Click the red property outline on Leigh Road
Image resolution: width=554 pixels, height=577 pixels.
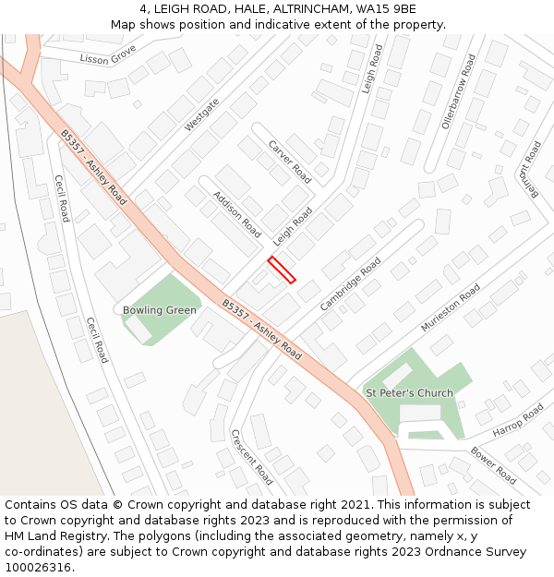[x=282, y=270]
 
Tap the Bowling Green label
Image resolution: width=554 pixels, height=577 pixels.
[x=159, y=310]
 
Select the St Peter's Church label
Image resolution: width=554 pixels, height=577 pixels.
[x=409, y=393]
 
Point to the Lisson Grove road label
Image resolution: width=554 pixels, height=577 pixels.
[x=108, y=55]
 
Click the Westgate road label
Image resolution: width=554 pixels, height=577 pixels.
[x=202, y=114]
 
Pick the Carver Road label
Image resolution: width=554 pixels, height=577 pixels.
[x=289, y=162]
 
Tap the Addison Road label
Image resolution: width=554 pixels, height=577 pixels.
[x=236, y=215]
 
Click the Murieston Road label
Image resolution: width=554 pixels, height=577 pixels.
[x=451, y=307]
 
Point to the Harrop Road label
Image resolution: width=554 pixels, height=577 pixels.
[x=518, y=420]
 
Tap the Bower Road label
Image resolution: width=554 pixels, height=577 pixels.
[x=493, y=465]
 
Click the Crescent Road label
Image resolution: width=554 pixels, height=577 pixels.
[x=251, y=457]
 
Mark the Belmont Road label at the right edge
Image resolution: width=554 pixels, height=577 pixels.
[x=530, y=169]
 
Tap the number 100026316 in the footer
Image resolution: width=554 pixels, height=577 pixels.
[x=38, y=567]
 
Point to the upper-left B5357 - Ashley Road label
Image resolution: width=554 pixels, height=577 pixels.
[x=93, y=167]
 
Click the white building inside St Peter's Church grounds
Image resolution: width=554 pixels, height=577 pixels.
[x=397, y=376]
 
